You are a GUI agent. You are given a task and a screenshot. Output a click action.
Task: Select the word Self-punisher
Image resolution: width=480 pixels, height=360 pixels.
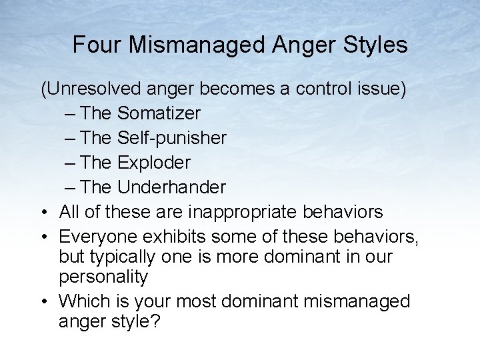coord(172,138)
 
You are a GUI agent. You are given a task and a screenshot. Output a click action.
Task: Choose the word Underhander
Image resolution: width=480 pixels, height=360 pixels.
coord(171,187)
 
